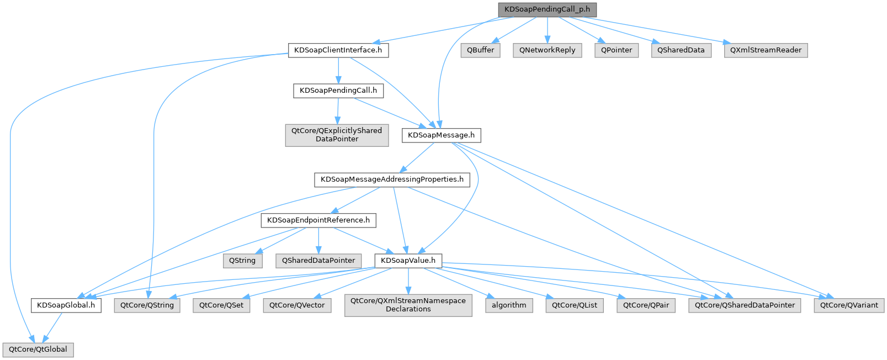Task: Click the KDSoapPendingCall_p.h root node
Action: tap(547, 9)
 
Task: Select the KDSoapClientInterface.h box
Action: tap(338, 50)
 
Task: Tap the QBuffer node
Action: tap(480, 50)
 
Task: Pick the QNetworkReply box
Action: tap(547, 50)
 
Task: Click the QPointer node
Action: tap(617, 50)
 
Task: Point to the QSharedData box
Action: tap(681, 50)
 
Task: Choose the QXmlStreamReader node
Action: tap(766, 50)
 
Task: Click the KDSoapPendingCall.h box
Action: tap(338, 91)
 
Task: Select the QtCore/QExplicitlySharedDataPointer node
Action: tap(337, 135)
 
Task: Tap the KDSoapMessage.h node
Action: tap(441, 135)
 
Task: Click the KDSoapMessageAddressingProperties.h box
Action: tap(392, 179)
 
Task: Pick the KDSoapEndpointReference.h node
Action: tap(318, 220)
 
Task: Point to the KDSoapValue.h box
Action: tap(408, 261)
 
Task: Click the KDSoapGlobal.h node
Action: tap(66, 305)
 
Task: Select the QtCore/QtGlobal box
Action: tap(38, 350)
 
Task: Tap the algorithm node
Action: tap(509, 305)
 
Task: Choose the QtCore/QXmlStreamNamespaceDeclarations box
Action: tap(408, 305)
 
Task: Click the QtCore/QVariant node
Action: tap(849, 305)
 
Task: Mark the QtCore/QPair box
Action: tap(646, 305)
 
